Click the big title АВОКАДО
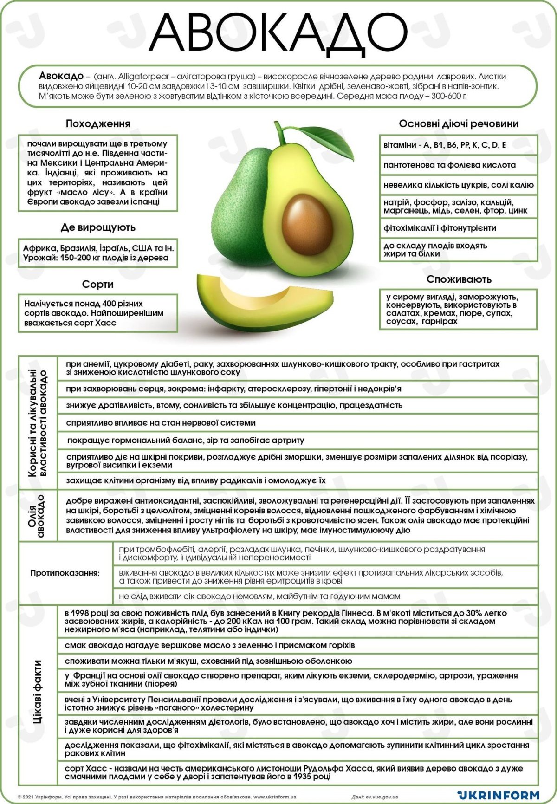click(278, 33)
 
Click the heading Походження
click(98, 124)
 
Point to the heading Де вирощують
click(98, 227)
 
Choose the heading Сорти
click(98, 284)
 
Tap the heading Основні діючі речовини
click(459, 124)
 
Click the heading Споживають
click(459, 279)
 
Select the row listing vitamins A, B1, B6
click(445, 145)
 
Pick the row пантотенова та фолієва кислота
click(449, 165)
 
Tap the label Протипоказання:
click(65, 573)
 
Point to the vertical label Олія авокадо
click(38, 515)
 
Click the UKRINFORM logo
click(498, 795)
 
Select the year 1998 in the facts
click(82, 613)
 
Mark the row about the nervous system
click(161, 423)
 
